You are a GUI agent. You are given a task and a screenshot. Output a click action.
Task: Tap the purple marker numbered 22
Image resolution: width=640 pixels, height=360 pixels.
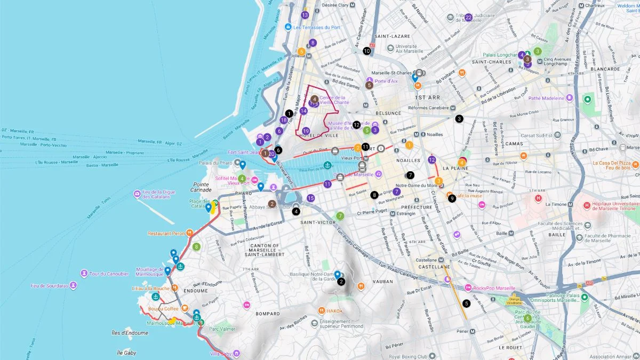point(468,17)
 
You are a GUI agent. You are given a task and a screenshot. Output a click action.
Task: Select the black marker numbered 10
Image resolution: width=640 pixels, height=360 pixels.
point(366,51)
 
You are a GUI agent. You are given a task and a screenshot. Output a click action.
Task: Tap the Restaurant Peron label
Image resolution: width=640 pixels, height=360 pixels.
point(166,233)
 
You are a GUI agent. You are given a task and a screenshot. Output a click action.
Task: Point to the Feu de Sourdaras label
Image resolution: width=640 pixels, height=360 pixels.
point(50,286)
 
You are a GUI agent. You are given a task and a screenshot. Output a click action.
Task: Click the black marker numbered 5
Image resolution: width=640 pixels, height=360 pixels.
point(467,303)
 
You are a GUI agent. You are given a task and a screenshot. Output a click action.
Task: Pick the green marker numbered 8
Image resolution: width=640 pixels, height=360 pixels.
point(196,246)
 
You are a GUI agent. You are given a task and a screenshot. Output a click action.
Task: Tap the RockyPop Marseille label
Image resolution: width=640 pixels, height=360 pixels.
point(490,288)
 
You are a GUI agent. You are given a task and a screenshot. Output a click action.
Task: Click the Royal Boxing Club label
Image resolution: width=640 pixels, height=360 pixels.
point(408,356)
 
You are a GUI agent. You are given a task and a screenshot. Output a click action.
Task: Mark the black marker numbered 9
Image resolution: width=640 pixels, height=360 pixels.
point(452,198)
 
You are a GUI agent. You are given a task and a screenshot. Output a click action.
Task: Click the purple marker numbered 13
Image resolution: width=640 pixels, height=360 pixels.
point(305,15)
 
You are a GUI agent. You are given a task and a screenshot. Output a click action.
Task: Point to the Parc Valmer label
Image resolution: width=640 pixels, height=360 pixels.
point(222,329)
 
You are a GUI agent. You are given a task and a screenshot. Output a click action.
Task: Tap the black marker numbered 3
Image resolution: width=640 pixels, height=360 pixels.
point(459,118)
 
